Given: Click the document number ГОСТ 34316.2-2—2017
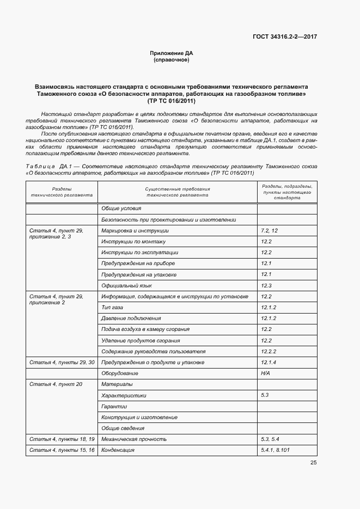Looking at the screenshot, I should [284, 37].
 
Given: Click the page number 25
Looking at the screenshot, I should [313, 463].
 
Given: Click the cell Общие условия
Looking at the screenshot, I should [121, 208].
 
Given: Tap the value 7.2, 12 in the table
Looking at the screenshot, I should [270, 231].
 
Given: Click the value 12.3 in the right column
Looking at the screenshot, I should [266, 285].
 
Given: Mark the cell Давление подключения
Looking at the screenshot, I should [131, 318].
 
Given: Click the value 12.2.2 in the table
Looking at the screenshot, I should [269, 352].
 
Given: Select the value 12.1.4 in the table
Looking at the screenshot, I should [269, 363].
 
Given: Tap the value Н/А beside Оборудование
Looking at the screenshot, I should [265, 373].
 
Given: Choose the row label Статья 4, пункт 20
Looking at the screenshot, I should [56, 384].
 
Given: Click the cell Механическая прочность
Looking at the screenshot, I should [134, 439].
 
